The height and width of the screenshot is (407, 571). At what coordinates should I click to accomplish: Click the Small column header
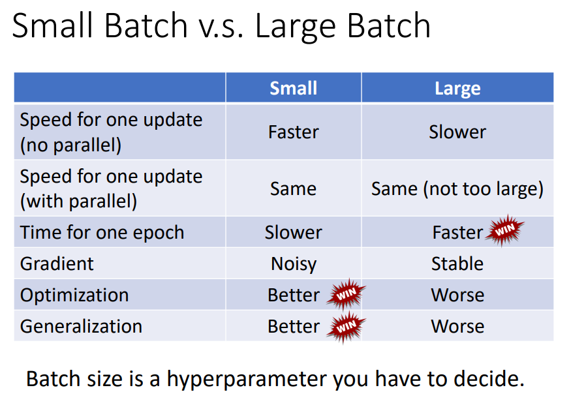coord(293,89)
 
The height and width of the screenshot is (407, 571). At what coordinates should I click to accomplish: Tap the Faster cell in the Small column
coord(294,132)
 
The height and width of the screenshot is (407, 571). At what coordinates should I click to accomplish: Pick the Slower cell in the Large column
coord(457,132)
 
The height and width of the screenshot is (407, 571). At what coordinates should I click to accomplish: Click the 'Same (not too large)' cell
coord(457,189)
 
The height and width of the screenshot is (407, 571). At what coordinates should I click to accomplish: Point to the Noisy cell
coord(294,264)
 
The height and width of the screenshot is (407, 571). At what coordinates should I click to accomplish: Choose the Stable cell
coord(457,264)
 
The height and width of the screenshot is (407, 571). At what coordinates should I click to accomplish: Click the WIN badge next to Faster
coord(505,230)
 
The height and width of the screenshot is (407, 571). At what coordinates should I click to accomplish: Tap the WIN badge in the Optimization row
coord(346,294)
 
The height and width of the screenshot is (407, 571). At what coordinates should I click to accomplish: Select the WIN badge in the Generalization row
coord(346,327)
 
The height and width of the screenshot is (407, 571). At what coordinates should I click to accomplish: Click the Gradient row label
coord(57,264)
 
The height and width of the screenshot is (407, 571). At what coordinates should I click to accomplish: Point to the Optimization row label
coord(74,295)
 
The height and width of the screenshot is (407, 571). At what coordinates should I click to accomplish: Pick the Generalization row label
coord(81,327)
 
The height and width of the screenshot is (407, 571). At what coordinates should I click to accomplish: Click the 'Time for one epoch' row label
coord(102,233)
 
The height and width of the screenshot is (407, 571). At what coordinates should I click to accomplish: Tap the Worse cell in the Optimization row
coord(457,295)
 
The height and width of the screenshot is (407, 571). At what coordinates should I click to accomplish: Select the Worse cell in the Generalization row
coord(457,327)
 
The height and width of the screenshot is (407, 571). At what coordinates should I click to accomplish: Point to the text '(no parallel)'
coord(70,145)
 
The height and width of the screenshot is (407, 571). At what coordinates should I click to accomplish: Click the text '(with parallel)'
coord(79,202)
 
